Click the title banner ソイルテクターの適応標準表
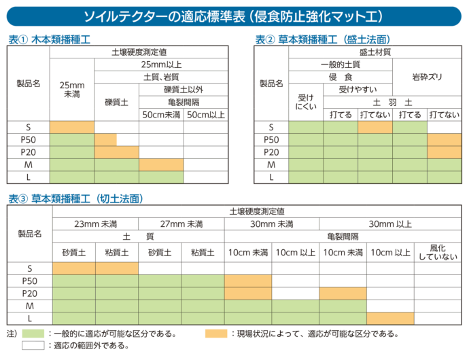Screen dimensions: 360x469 [x=234, y=15]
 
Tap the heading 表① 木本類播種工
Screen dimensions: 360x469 [x=50, y=39]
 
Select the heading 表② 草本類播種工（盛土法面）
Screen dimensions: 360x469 [x=323, y=39]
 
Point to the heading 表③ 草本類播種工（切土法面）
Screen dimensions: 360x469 [x=75, y=198]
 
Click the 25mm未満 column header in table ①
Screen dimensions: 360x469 [x=71, y=89]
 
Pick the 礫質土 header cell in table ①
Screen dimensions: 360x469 [x=116, y=102]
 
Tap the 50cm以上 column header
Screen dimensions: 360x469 [x=205, y=114]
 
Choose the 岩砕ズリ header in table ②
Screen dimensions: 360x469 [x=427, y=77]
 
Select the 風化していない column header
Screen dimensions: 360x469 [x=438, y=252]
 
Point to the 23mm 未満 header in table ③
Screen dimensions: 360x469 [x=95, y=224]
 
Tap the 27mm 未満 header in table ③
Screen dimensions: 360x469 [x=181, y=224]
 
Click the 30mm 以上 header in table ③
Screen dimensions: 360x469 [x=389, y=224]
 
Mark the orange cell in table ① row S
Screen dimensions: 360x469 [x=71, y=127]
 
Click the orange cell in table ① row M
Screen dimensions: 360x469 [x=161, y=164]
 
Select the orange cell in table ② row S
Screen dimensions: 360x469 [x=375, y=127]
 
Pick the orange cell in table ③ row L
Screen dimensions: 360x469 [x=390, y=318]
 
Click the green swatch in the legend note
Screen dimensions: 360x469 [x=33, y=334]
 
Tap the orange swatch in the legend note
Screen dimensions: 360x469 [x=216, y=334]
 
